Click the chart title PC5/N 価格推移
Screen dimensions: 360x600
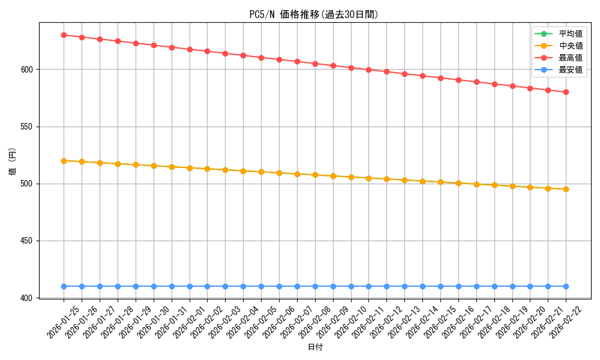coord(314,14)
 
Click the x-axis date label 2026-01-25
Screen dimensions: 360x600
coord(64,322)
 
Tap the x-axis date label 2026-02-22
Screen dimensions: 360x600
coord(566,322)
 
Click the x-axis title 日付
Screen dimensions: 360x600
coord(315,347)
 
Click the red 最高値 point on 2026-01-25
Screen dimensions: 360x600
coord(64,35)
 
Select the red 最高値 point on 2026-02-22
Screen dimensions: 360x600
coord(566,92)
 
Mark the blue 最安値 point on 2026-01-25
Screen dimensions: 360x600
coord(64,286)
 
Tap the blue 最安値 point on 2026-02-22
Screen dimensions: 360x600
coord(566,286)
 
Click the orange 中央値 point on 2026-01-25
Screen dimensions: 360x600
coord(64,161)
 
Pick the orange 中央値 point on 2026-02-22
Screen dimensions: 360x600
coord(566,189)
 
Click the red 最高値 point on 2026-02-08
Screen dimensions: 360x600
coord(315,64)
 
